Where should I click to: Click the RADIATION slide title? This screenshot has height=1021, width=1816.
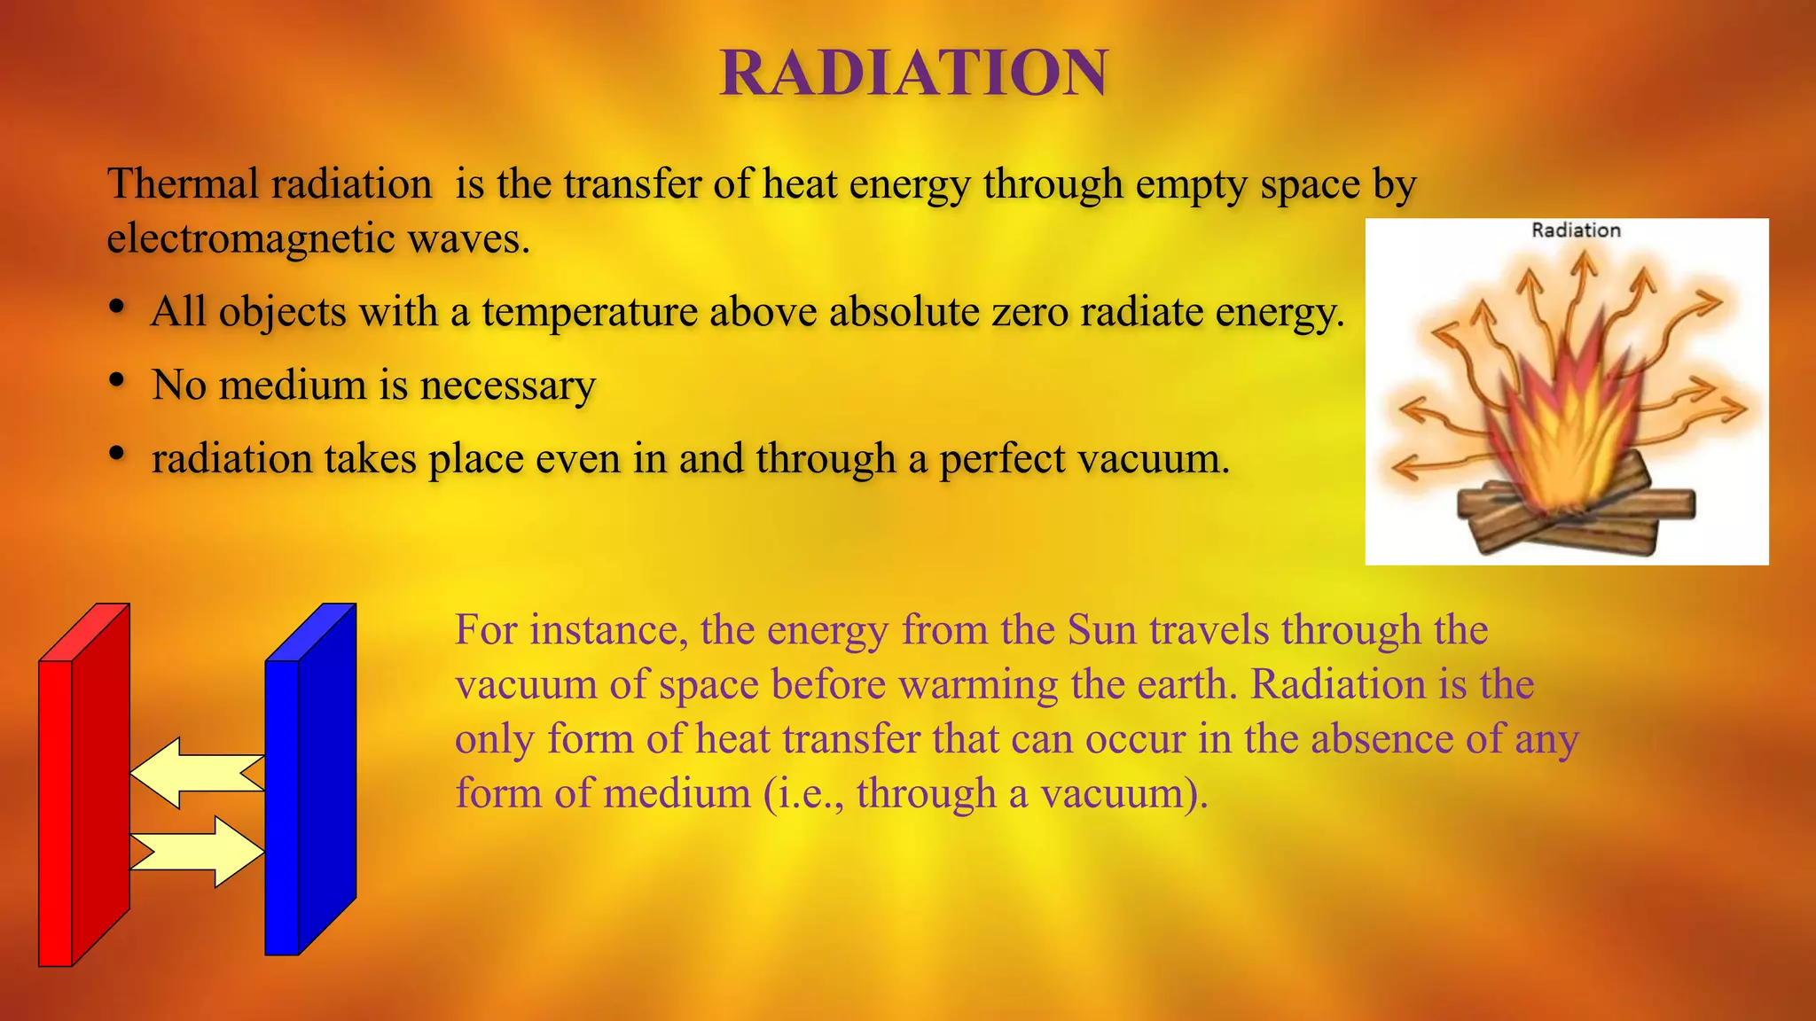[x=913, y=73]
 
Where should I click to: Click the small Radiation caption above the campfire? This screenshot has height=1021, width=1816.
[x=1576, y=230]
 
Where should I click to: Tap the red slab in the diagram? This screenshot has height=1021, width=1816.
[x=84, y=789]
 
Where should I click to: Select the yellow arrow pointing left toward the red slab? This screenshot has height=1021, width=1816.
[x=197, y=773]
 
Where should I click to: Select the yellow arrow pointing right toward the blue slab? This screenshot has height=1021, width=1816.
[x=197, y=851]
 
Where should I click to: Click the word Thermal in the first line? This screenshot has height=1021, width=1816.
[x=182, y=184]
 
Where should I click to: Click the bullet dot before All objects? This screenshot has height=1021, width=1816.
[x=117, y=307]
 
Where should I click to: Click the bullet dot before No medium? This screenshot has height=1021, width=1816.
[x=117, y=380]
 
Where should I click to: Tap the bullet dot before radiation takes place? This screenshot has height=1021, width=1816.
[x=117, y=454]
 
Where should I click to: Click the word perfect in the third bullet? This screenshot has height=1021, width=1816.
[x=1002, y=459]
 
